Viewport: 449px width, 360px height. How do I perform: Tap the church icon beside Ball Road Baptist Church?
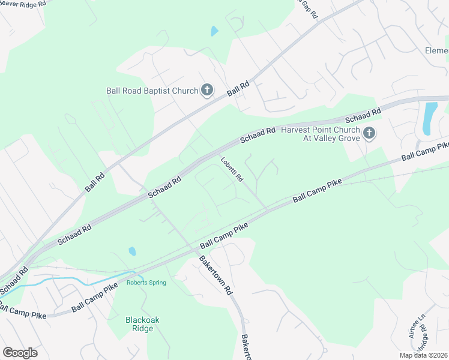pyautogui.click(x=206, y=91)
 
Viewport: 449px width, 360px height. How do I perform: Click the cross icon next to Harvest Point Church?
pyautogui.click(x=369, y=133)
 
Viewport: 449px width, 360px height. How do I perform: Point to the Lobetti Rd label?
pyautogui.click(x=231, y=170)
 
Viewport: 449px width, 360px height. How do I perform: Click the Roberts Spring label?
pyautogui.click(x=146, y=283)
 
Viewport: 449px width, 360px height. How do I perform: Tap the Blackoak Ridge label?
pyautogui.click(x=142, y=324)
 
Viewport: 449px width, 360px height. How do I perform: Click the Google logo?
pyautogui.click(x=20, y=353)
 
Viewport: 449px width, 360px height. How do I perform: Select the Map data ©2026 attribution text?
pyautogui.click(x=424, y=355)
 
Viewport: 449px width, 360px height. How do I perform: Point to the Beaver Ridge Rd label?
pyautogui.click(x=23, y=4)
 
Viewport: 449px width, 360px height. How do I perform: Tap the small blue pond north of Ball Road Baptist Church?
pyautogui.click(x=214, y=31)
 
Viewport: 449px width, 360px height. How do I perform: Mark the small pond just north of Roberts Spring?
pyautogui.click(x=132, y=251)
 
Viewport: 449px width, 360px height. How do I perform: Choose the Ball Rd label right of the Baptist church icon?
pyautogui.click(x=238, y=91)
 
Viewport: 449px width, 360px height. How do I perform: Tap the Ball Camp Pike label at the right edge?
pyautogui.click(x=425, y=151)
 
